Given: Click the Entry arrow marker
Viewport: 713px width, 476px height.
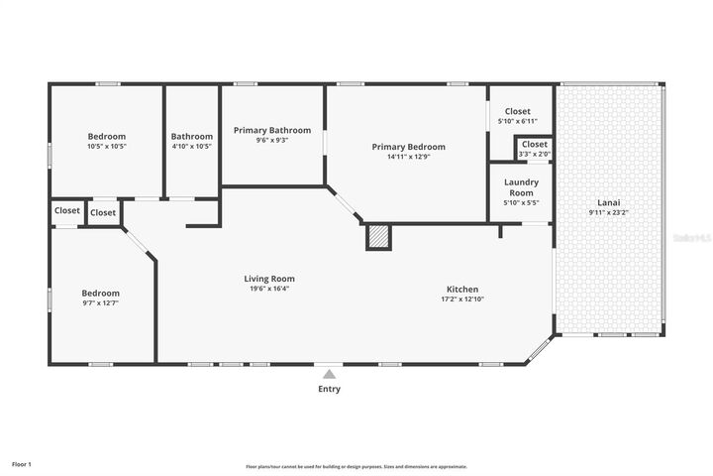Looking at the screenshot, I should point(329,374).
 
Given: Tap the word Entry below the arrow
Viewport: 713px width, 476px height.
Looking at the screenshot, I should point(329,389).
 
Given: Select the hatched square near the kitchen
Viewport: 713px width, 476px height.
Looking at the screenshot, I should point(378,237).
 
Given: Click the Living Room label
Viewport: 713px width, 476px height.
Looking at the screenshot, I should point(269,279).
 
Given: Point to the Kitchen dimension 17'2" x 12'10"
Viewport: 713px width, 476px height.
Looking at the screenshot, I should point(463,298).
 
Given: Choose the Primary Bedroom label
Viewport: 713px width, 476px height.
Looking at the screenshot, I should point(408,147).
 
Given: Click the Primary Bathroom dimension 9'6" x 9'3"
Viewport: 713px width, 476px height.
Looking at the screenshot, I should point(272,141).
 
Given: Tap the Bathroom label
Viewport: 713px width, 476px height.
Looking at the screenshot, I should point(191,137).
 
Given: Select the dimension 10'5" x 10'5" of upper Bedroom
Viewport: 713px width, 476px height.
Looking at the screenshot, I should point(107,147).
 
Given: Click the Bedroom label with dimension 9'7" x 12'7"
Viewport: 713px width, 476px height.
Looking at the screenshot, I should point(100,294).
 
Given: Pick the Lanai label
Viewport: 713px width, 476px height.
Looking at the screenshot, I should point(608,201).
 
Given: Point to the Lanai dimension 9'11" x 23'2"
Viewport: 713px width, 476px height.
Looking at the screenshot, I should point(608,212).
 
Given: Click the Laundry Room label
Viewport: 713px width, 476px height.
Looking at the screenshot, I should point(521,187).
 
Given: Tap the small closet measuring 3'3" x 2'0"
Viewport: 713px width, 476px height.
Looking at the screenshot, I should point(534,149).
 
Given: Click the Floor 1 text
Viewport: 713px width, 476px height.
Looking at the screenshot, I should point(22,463).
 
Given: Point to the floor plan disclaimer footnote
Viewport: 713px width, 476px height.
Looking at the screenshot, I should point(356,466).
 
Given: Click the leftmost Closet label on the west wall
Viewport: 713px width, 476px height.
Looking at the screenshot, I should point(67,210).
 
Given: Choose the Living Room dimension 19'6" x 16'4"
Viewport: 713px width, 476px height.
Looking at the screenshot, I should point(269,290).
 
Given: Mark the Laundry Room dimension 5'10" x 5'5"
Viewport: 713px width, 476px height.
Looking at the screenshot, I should point(521,203).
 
